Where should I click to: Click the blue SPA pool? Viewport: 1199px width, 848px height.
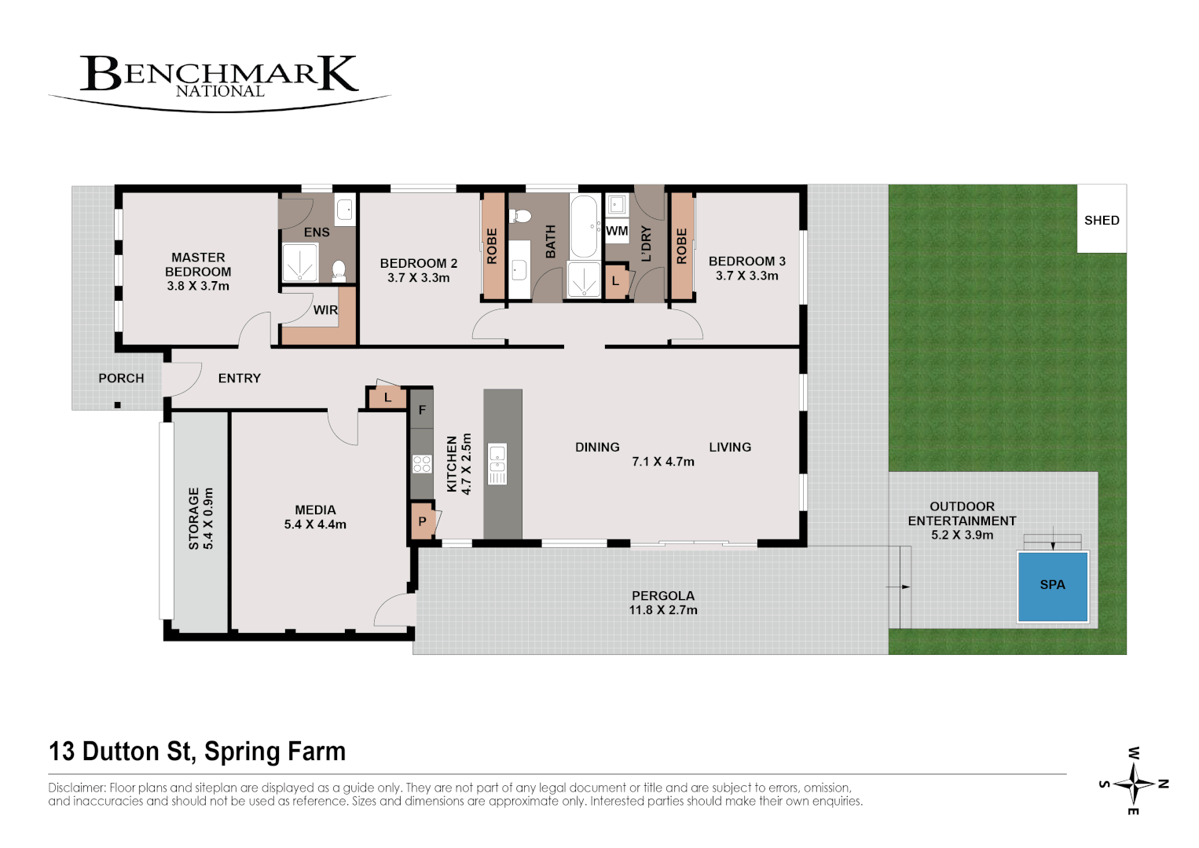[1052, 587]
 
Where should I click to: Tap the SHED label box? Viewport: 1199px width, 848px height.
[1102, 219]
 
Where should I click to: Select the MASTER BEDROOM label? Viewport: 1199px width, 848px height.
[198, 265]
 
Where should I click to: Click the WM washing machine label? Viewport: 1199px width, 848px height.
[617, 231]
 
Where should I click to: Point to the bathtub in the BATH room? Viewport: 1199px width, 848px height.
[584, 227]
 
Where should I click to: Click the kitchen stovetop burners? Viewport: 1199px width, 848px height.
[422, 464]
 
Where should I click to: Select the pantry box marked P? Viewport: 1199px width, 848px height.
[423, 520]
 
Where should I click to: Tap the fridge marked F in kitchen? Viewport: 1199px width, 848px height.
[422, 409]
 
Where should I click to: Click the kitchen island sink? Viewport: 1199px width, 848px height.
[497, 464]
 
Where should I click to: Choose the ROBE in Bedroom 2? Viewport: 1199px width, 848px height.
[493, 246]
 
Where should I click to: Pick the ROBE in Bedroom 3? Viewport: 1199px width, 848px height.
[681, 246]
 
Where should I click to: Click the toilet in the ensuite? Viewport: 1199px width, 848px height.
[339, 270]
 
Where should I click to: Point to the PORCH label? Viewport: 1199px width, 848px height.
[121, 378]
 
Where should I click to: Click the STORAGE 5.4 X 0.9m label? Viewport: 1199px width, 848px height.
[200, 518]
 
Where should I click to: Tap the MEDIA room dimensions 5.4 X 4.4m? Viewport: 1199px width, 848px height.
[315, 525]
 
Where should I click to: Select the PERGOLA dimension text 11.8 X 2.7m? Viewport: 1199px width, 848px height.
[662, 610]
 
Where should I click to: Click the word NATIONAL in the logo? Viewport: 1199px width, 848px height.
[220, 92]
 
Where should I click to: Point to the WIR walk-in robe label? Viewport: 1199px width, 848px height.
[325, 310]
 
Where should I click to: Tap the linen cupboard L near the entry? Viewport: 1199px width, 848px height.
[387, 398]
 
